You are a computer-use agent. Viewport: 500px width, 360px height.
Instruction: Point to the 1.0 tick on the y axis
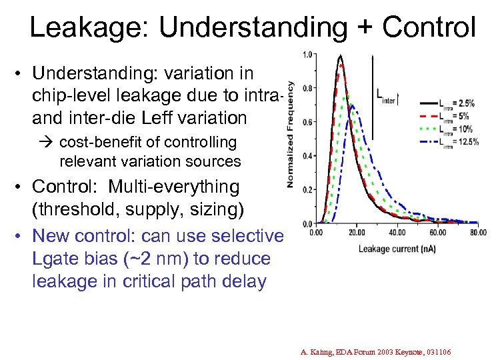(x=307, y=54)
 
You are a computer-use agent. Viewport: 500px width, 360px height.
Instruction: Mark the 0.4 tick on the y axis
(x=307, y=156)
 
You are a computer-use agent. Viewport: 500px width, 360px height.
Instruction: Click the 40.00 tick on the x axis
(x=397, y=233)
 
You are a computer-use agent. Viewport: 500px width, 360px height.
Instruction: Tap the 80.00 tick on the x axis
(x=477, y=233)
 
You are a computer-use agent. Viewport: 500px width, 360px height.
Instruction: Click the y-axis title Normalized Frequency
(x=291, y=134)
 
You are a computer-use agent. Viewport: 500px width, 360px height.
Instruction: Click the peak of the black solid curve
(x=340, y=55)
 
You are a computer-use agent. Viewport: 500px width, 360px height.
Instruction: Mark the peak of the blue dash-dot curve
(x=353, y=105)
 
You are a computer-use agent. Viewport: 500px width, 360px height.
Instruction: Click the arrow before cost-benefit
(x=51, y=142)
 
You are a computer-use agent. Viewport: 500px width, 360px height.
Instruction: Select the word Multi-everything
(x=173, y=187)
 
